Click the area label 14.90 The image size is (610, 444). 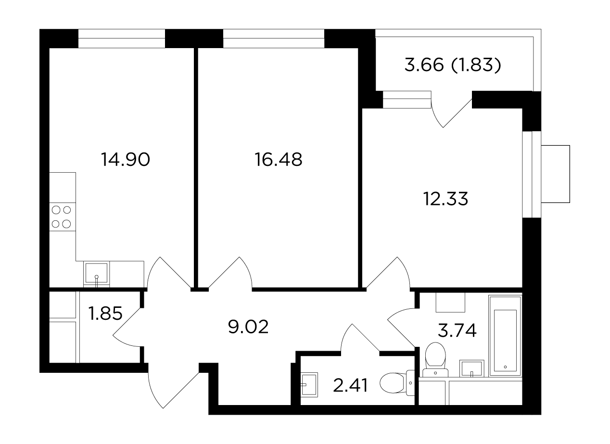pos(125,160)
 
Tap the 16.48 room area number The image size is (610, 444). pos(279,160)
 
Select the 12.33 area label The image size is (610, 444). pos(445,199)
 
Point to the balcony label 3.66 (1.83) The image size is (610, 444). pos(453,65)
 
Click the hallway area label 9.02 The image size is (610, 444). pos(248,327)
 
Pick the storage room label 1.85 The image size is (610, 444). pos(105,313)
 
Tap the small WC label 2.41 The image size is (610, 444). pos(350,385)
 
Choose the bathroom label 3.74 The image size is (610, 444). pos(457,330)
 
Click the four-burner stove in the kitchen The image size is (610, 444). pos(63,217)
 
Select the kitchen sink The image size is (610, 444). pos(96,274)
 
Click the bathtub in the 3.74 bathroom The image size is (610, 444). pos(505,335)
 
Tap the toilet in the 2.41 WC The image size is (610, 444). pos(397,383)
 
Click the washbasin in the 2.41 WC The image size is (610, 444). pos(310,385)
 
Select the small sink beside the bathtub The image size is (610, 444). pos(471,368)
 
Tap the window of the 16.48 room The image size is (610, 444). pos(274,38)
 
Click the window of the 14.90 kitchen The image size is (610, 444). pos(122,38)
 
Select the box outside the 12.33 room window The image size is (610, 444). pos(555,174)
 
